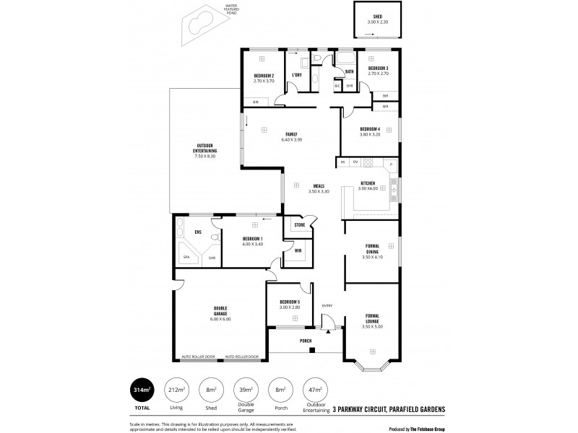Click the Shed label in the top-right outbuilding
pos(377,17)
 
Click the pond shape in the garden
pos(196,25)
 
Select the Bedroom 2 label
pos(263,76)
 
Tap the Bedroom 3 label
pos(378,69)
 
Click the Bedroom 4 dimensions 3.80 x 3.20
pos(370,134)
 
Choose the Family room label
pos(291,134)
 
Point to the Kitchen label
pos(368,184)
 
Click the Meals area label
pos(318,186)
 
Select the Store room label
pos(299,225)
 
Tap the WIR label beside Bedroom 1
pos(298,250)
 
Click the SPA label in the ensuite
pos(186,257)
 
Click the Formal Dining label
pos(372,248)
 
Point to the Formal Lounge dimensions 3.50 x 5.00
pos(372,327)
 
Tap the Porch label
pos(306,340)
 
